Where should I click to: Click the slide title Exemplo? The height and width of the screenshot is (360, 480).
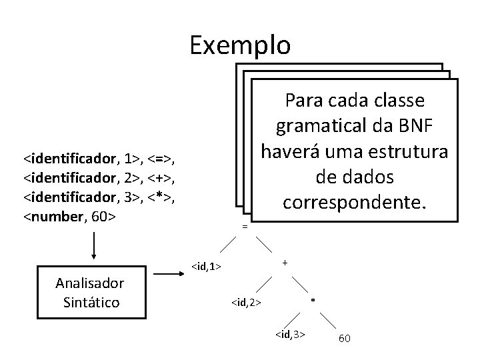240,45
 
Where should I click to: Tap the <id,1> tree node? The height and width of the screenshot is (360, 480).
206,267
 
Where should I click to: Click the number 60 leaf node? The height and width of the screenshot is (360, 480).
345,339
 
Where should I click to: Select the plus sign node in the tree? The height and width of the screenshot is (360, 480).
285,263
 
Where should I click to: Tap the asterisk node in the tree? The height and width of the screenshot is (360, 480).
313,302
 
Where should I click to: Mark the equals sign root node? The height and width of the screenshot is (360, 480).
245,227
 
